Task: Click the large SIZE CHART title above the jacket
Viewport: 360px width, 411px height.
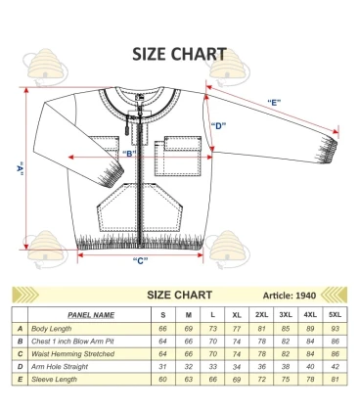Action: tap(179, 54)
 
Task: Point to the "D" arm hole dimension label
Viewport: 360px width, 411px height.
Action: tap(219, 125)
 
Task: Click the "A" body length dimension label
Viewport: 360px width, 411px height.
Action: tap(20, 168)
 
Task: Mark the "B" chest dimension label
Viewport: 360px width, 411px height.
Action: tap(128, 154)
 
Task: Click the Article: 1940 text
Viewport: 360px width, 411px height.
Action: tap(290, 295)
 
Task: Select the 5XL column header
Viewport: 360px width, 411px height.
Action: tap(335, 314)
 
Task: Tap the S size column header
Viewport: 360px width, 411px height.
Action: tap(162, 314)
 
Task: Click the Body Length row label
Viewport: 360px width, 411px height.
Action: tap(53, 328)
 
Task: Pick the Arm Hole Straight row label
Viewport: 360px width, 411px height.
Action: tap(61, 364)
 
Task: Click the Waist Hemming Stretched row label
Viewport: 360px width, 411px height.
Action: tap(72, 352)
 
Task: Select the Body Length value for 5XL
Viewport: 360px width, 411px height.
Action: tap(335, 328)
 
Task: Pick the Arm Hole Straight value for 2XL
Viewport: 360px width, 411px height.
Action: tap(261, 364)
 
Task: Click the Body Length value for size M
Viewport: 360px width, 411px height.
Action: tap(188, 328)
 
